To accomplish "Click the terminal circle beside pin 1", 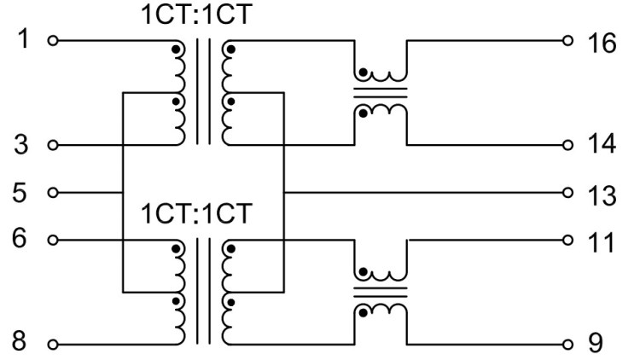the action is [x=54, y=40].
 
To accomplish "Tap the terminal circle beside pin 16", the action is [x=567, y=40].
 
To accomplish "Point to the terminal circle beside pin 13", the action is [x=567, y=192].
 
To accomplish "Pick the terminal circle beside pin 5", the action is [x=54, y=192].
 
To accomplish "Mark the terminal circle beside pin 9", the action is [x=567, y=345].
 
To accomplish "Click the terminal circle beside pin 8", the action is [x=54, y=345].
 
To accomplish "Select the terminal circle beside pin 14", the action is [x=567, y=145].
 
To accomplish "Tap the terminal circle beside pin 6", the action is [x=54, y=240].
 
